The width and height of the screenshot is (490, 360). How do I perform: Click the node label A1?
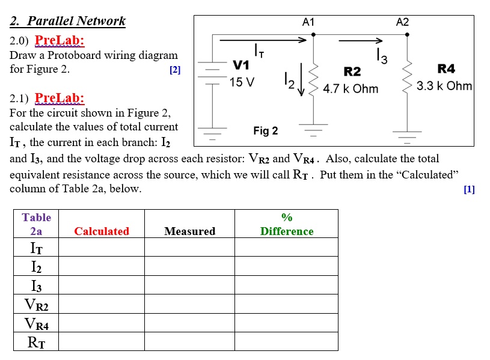pyautogui.click(x=308, y=22)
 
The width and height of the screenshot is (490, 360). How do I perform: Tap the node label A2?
pyautogui.click(x=402, y=22)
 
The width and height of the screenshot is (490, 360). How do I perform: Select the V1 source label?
pyautogui.click(x=241, y=65)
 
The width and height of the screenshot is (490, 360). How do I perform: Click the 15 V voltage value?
pyautogui.click(x=243, y=82)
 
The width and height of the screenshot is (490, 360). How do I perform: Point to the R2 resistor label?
pyautogui.click(x=352, y=72)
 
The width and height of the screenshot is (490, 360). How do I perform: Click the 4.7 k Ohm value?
pyautogui.click(x=351, y=89)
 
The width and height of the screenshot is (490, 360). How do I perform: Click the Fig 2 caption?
pyautogui.click(x=266, y=130)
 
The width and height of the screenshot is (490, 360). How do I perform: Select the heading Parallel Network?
pyautogui.click(x=68, y=21)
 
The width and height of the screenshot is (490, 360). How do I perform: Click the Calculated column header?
pyautogui.click(x=102, y=231)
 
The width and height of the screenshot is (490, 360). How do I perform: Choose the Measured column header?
pyautogui.click(x=189, y=231)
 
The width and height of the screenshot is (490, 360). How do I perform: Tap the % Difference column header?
pyautogui.click(x=287, y=224)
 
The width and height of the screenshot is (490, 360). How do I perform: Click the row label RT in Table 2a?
pyautogui.click(x=36, y=343)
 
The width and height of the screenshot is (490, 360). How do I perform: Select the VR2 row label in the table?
pyautogui.click(x=36, y=305)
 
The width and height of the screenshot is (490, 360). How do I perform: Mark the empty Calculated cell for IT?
pyautogui.click(x=102, y=248)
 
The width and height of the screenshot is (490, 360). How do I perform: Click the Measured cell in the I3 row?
pyautogui.click(x=189, y=285)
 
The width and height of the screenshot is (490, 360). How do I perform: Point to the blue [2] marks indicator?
pyautogui.click(x=175, y=70)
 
